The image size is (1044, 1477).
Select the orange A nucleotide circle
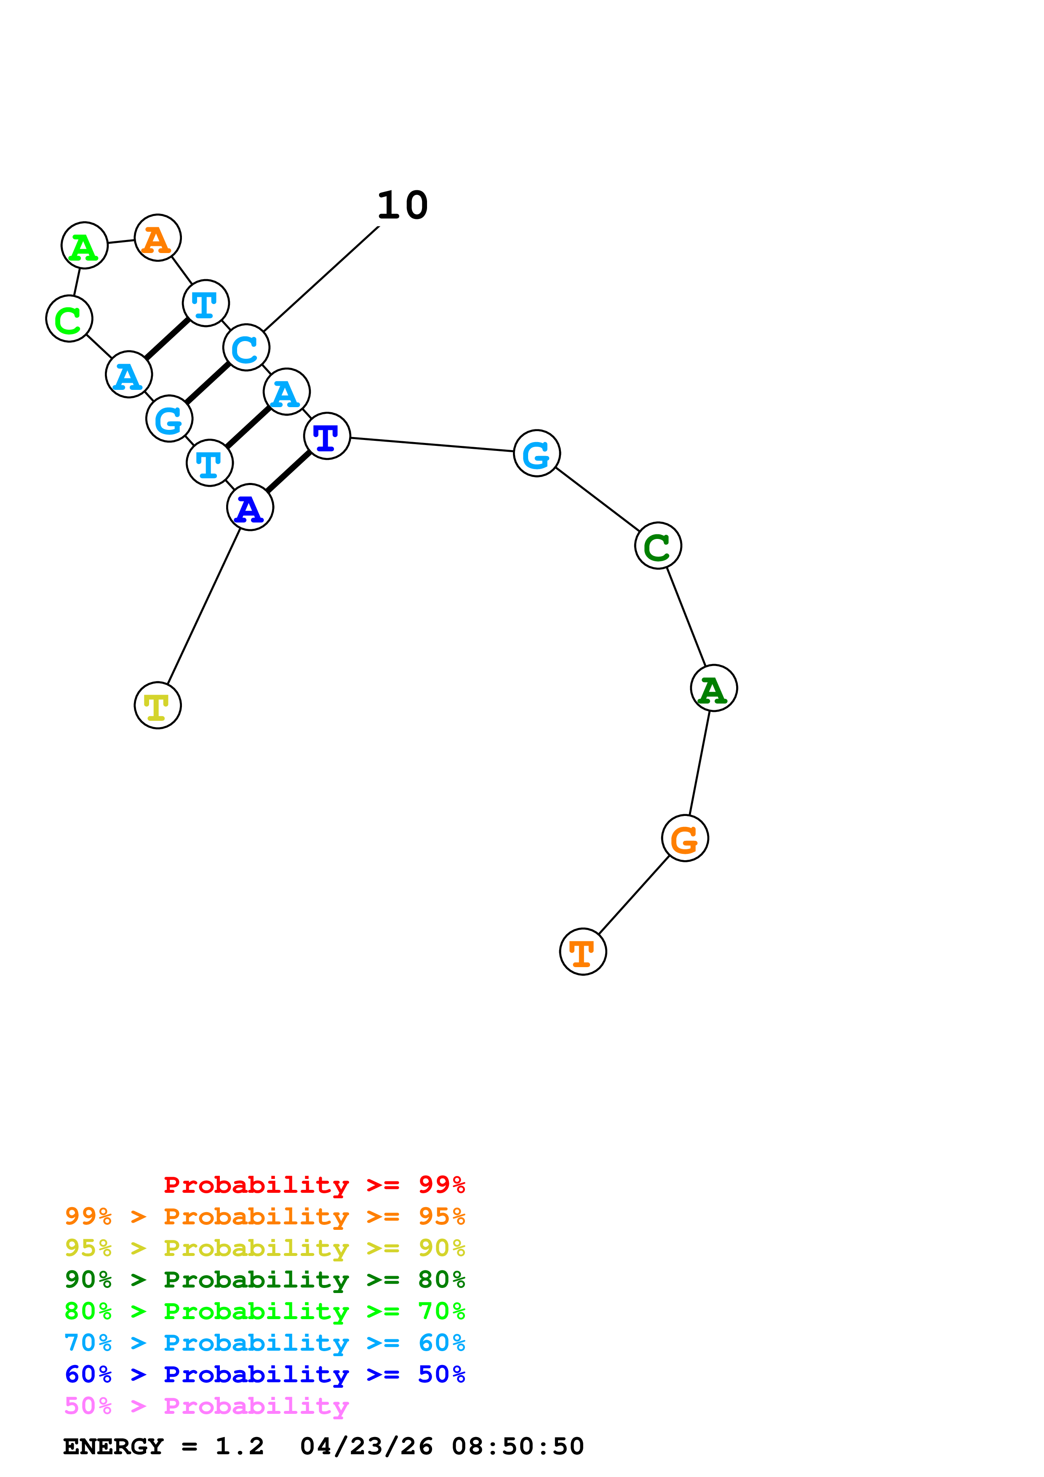coord(158,238)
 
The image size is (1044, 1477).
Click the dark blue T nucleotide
coord(327,436)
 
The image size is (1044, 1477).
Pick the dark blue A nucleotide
coord(250,507)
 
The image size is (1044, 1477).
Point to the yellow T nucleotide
coord(158,705)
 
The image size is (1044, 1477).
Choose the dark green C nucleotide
coord(658,546)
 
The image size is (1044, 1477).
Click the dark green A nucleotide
coord(714,688)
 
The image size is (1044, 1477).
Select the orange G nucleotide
coord(685,838)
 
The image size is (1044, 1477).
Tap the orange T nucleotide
coord(583,952)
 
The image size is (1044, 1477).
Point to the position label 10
coord(402,206)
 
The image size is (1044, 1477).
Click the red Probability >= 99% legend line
coord(315,1185)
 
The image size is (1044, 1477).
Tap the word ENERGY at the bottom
coord(113,1446)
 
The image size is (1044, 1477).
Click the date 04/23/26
coord(367,1446)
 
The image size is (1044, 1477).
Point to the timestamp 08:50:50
coord(518,1446)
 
